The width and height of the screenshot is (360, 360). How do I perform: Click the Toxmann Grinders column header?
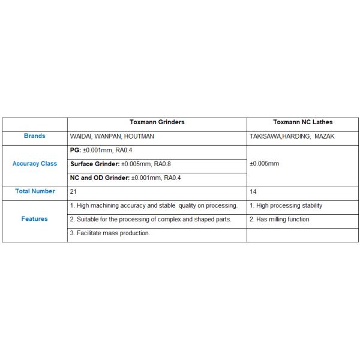[x=157, y=122]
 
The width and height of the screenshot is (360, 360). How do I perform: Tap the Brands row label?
[x=35, y=136]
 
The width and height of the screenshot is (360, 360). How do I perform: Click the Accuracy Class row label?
[x=35, y=164]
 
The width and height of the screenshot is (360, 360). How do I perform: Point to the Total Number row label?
[x=35, y=191]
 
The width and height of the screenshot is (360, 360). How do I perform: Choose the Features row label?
[x=35, y=219]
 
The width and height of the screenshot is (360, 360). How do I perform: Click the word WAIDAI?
[x=82, y=137]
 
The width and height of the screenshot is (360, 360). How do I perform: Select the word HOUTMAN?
[x=139, y=137]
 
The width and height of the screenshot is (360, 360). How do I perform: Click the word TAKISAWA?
[x=265, y=137]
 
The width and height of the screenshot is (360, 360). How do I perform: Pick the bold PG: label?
[x=76, y=150]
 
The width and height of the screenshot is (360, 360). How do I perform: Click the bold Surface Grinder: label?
[x=95, y=164]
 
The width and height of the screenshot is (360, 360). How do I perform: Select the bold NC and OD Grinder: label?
[x=100, y=178]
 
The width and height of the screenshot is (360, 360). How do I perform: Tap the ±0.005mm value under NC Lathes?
[x=264, y=163]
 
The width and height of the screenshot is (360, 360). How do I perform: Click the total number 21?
[x=73, y=191]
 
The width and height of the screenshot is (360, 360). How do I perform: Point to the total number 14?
[x=253, y=191]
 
